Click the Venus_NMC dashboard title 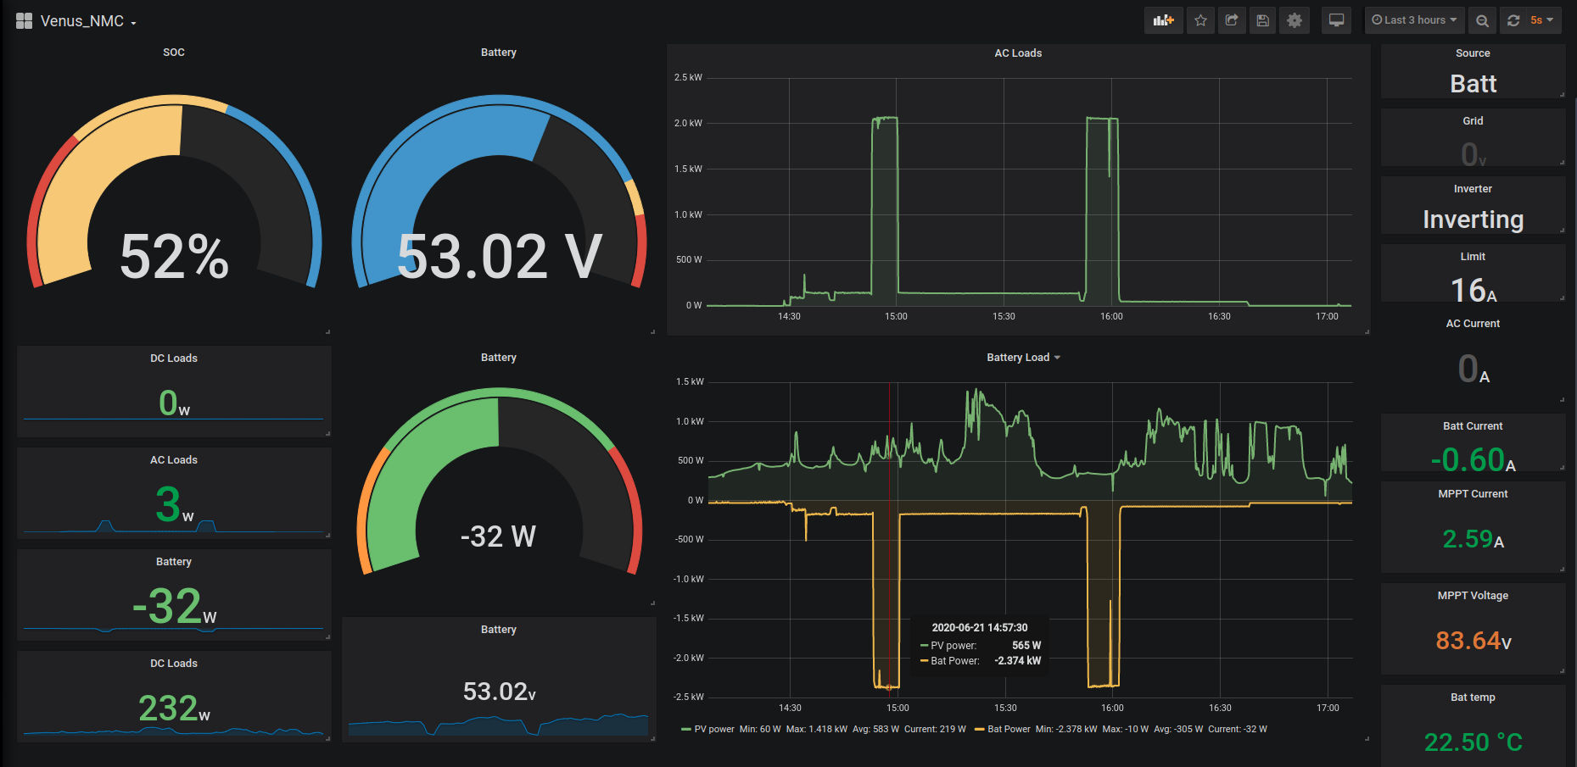click(x=82, y=21)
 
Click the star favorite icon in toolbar click(x=1200, y=20)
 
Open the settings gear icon click(x=1295, y=20)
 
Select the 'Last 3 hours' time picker click(x=1414, y=20)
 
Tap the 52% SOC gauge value click(x=175, y=257)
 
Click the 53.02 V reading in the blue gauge click(x=500, y=257)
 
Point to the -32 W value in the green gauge click(x=498, y=536)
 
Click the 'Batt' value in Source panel click(x=1474, y=84)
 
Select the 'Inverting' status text click(x=1474, y=220)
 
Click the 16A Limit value click(x=1474, y=291)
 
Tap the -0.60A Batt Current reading click(x=1474, y=460)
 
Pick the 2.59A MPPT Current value click(x=1474, y=539)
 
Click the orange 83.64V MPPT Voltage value click(x=1474, y=641)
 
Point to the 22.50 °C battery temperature click(x=1474, y=742)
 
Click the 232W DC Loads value click(x=174, y=709)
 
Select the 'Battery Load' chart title click(x=1018, y=358)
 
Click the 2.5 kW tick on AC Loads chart click(x=688, y=78)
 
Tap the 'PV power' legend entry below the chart click(x=714, y=730)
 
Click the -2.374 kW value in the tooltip click(x=1018, y=661)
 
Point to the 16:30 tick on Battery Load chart click(x=1220, y=708)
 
